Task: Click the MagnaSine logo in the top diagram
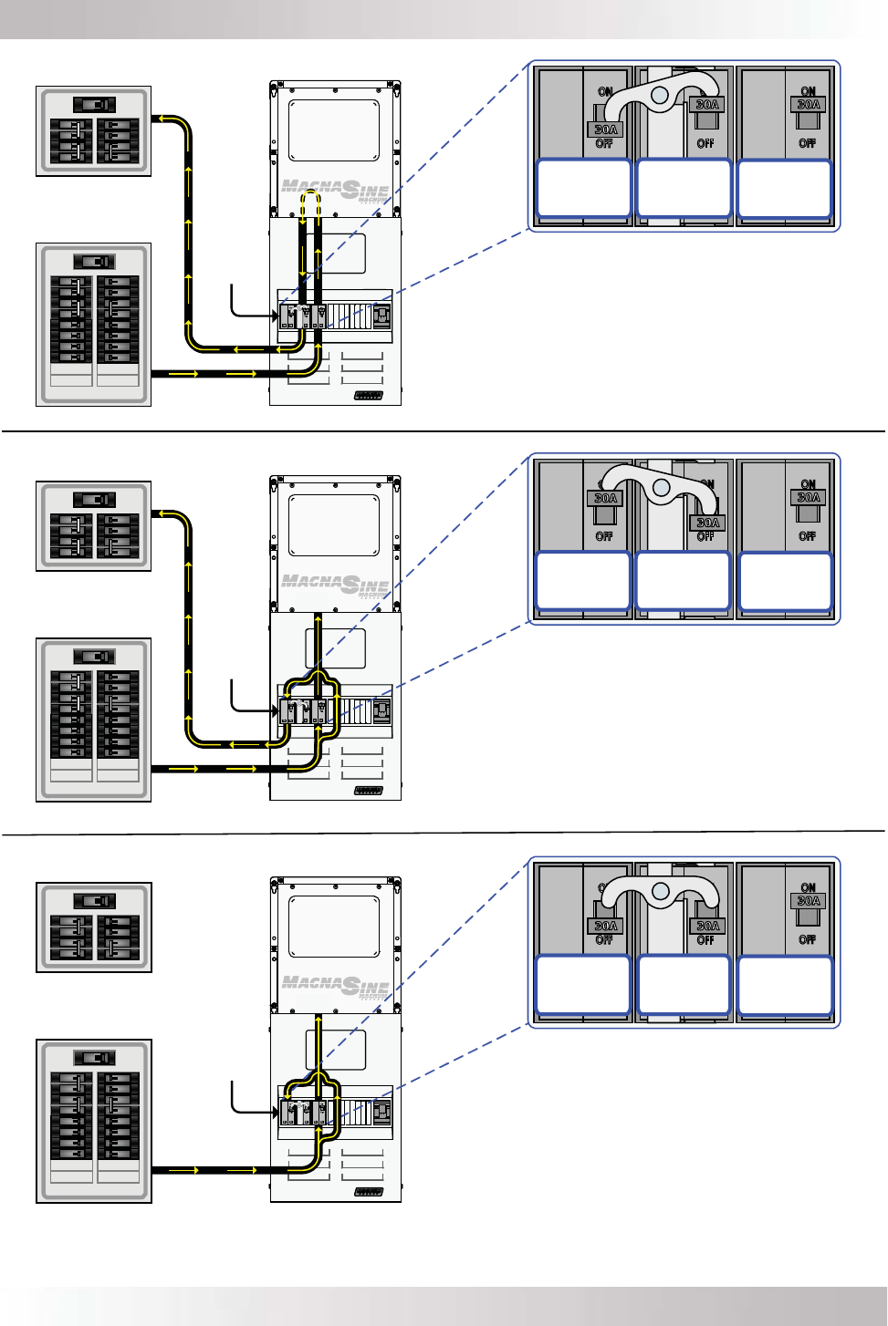(x=335, y=190)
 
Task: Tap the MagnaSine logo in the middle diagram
(x=335, y=584)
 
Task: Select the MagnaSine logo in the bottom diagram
(x=335, y=986)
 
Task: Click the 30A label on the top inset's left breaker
(x=606, y=129)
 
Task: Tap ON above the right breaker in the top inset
(x=808, y=91)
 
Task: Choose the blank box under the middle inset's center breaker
(x=684, y=581)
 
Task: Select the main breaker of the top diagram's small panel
(x=93, y=105)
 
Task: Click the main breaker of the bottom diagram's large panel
(x=94, y=1058)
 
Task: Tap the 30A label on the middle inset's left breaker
(x=606, y=498)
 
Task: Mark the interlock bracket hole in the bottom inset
(x=662, y=893)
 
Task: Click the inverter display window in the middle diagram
(x=334, y=525)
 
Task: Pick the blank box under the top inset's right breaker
(x=785, y=189)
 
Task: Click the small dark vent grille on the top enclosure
(x=369, y=396)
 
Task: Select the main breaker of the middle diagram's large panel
(x=94, y=657)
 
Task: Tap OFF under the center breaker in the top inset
(x=705, y=143)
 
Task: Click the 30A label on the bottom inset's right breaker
(x=809, y=901)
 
